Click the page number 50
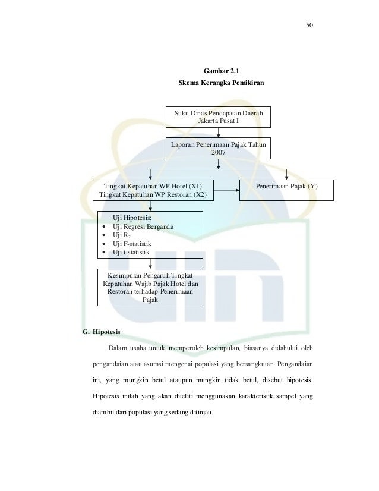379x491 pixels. tap(309, 25)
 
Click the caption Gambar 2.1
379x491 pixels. tap(221, 71)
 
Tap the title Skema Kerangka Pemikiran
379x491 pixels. tap(221, 83)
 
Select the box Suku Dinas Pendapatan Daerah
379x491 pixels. tap(218, 117)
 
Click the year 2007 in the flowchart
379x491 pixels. tap(218, 153)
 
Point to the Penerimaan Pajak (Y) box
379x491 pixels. tap(286, 190)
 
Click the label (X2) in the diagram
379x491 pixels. tap(200, 194)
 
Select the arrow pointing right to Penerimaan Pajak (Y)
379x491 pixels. tap(226, 190)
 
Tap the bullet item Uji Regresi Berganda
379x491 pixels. tap(143, 226)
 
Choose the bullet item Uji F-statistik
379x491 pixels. tap(132, 244)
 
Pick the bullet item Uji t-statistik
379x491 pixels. tap(131, 253)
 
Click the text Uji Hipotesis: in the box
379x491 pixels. tap(132, 218)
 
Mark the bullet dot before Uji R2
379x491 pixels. tap(104, 235)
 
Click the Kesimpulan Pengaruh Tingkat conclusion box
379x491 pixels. tap(150, 288)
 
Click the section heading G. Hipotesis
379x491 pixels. tap(102, 332)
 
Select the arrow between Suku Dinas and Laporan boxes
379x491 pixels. tap(218, 133)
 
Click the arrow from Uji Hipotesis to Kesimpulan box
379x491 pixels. tap(150, 264)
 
